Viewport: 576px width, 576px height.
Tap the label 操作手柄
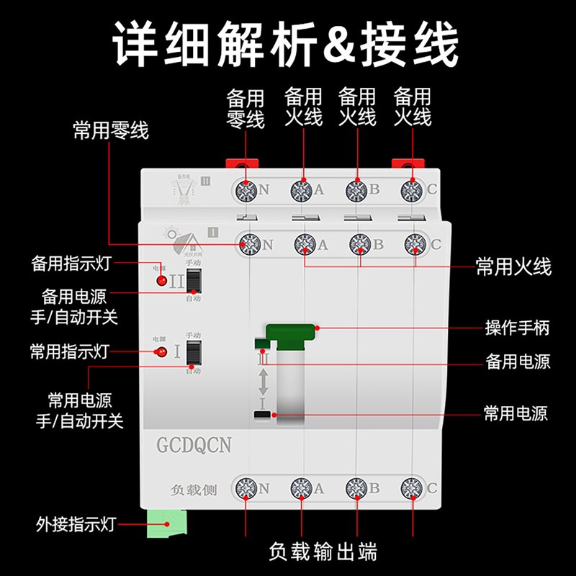pyautogui.click(x=517, y=328)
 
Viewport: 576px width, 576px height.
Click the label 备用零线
pyautogui.click(x=246, y=108)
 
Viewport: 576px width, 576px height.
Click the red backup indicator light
pyautogui.click(x=162, y=280)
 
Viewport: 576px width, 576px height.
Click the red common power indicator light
pyautogui.click(x=161, y=352)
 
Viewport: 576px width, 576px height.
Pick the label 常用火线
pyautogui.click(x=513, y=268)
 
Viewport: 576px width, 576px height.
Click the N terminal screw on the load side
pyautogui.click(x=246, y=489)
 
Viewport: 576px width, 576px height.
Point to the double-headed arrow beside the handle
pyautogui.click(x=264, y=382)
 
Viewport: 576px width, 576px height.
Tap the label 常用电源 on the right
pyautogui.click(x=515, y=414)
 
